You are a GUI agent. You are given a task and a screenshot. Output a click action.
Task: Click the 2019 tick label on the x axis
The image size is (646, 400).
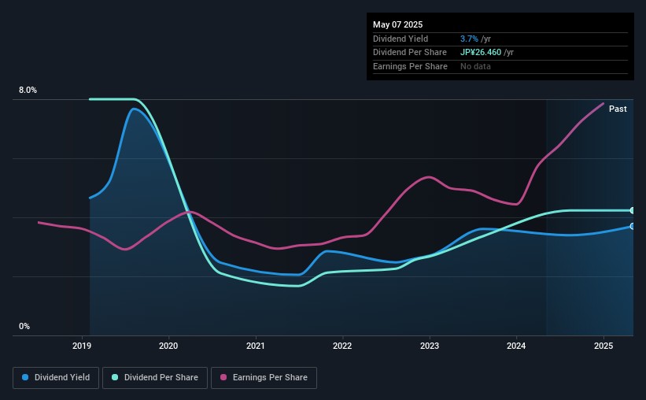(82, 346)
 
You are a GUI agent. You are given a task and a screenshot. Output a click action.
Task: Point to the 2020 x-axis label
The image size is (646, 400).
(168, 346)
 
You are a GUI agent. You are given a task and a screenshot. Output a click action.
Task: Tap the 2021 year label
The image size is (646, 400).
(255, 346)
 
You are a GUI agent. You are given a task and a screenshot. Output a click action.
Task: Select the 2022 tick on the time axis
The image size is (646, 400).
(342, 346)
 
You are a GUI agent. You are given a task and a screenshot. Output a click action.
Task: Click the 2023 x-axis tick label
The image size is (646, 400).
(430, 346)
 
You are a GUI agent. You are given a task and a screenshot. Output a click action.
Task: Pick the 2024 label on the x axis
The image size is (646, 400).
(516, 346)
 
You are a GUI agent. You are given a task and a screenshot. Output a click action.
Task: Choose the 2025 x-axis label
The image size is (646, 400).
(604, 346)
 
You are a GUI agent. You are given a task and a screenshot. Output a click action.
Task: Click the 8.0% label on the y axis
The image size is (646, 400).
(28, 91)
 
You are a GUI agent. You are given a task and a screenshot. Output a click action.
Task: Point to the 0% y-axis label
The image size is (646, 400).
(24, 326)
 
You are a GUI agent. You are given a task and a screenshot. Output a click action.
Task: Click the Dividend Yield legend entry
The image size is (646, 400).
(56, 378)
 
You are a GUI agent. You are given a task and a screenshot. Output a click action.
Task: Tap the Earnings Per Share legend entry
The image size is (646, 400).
(264, 378)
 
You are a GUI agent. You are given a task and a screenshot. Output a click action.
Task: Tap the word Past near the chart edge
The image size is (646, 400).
(618, 109)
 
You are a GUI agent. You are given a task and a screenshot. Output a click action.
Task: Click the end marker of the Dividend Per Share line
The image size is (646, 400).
(633, 210)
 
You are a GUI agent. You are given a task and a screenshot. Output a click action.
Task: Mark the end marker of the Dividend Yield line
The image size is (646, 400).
(633, 226)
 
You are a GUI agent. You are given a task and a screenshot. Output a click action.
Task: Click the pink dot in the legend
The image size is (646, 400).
(223, 378)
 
